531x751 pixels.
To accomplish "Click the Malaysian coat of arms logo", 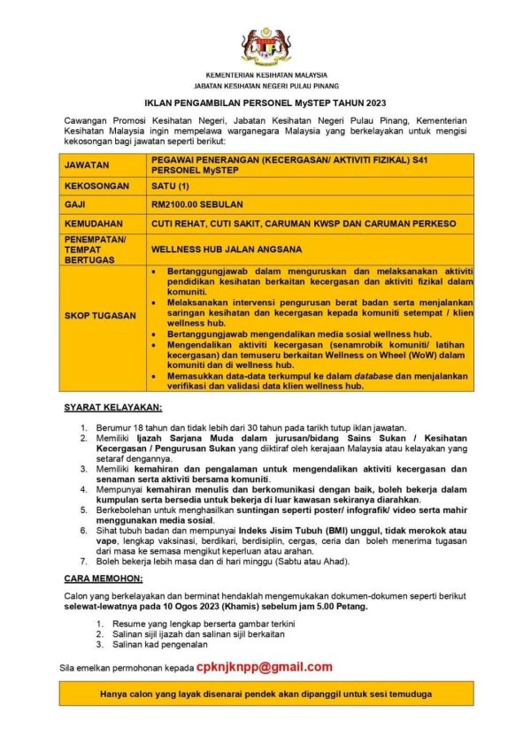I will (x=265, y=45).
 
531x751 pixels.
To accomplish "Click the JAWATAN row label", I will (x=86, y=165).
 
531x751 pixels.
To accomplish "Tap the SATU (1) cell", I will (x=171, y=187).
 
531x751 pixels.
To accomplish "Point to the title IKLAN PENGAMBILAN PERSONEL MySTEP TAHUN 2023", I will (x=265, y=103).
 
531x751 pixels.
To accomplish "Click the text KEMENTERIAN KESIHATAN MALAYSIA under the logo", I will (x=265, y=75).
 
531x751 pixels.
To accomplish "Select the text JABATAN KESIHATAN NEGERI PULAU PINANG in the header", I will (x=265, y=86).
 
